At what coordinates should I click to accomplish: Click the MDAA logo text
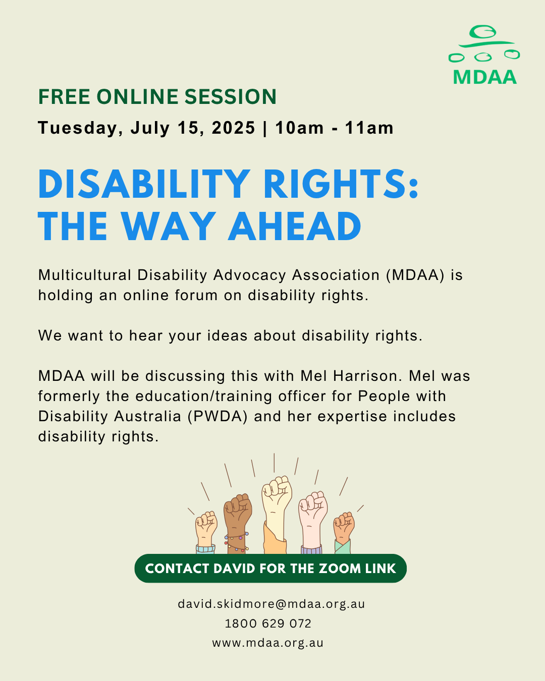[x=485, y=77]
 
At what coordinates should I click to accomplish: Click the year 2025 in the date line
[x=233, y=128]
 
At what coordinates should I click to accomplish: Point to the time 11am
[x=369, y=128]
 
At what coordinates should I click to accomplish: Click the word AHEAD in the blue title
[x=295, y=226]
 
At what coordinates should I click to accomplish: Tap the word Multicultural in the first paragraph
[x=85, y=275]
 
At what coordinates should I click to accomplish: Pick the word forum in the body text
[x=196, y=295]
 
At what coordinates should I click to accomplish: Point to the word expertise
[x=352, y=417]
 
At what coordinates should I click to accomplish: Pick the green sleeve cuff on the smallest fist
[x=343, y=546]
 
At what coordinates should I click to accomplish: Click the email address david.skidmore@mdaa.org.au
[x=271, y=604]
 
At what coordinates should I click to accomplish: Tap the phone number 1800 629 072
[x=268, y=623]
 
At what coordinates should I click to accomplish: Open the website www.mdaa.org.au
[x=268, y=643]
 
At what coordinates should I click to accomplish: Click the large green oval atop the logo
[x=482, y=32]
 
